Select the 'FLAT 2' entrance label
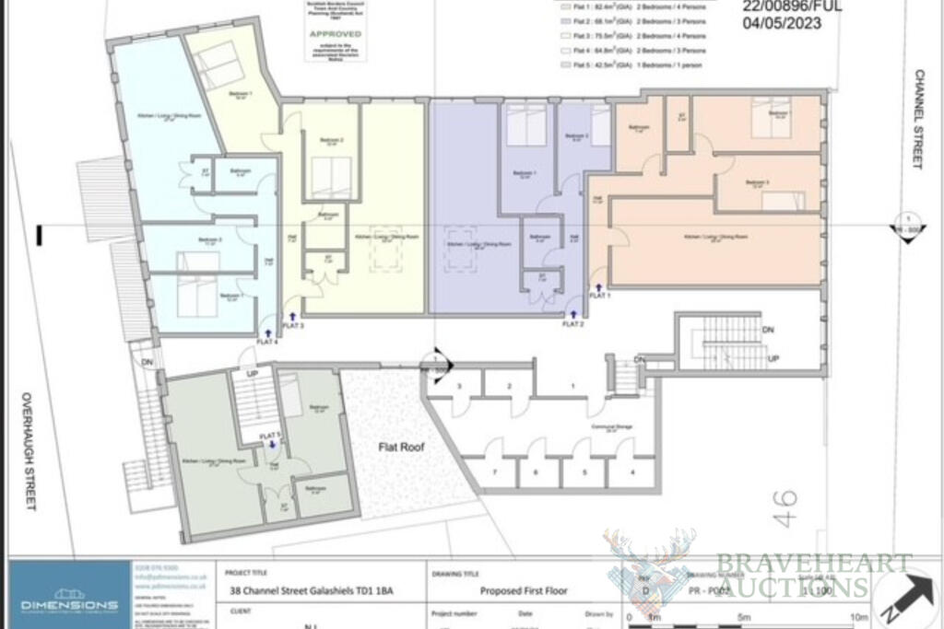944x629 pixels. pos(574,323)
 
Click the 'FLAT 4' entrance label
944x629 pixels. pos(267,342)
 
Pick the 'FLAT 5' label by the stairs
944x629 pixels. pos(269,435)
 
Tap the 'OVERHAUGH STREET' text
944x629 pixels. pos(29,450)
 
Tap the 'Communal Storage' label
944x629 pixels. pos(611,427)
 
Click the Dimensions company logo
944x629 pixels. pos(68,598)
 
